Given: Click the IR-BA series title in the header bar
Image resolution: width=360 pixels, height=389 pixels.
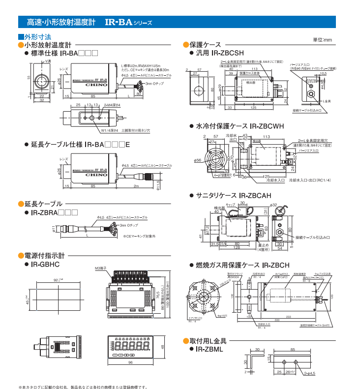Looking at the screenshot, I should pos(127,22).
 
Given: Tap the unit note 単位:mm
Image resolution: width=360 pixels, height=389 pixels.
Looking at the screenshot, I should pos(323,39).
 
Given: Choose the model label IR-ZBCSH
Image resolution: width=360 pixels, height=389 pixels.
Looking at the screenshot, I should pos(227,52).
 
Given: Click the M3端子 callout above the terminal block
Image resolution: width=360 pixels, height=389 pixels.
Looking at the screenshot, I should pos(101,268).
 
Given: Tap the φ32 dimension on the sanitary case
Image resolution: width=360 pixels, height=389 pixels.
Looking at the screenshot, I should pos(273,205).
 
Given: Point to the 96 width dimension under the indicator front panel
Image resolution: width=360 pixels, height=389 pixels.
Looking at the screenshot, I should pos(130,362).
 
